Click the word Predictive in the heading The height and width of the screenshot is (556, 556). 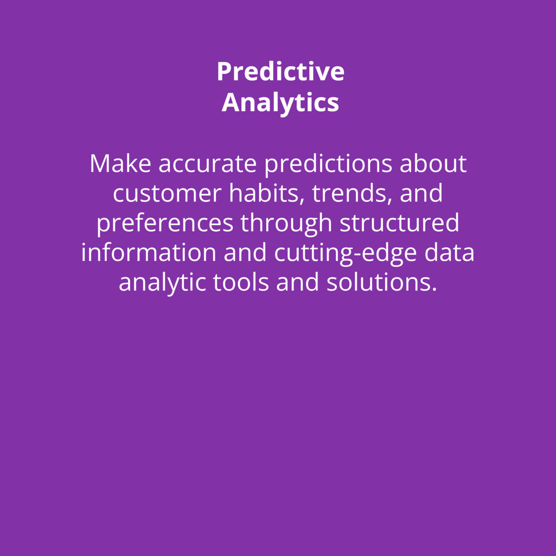pyautogui.click(x=281, y=71)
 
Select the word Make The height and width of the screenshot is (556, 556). pyautogui.click(x=120, y=163)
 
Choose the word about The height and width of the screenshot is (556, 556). pyautogui.click(x=433, y=163)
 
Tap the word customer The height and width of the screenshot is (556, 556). pyautogui.click(x=167, y=194)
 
